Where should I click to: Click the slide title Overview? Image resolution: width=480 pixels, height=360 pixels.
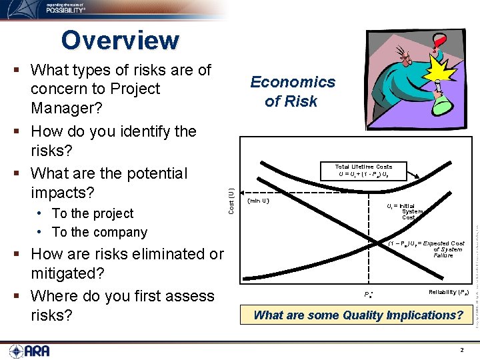click(120, 41)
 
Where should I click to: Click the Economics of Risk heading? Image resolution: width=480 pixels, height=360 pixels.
click(292, 91)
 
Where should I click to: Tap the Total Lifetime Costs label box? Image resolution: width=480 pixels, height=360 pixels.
click(363, 171)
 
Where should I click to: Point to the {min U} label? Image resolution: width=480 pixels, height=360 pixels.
click(258, 199)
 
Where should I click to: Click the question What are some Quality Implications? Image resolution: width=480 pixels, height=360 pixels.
click(358, 315)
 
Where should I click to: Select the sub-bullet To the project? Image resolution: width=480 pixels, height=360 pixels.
click(93, 213)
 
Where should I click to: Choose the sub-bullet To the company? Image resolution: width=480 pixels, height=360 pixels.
click(99, 232)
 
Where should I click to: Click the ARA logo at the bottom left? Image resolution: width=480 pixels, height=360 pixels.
click(29, 351)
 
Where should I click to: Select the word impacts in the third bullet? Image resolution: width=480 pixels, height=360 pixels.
click(61, 193)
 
